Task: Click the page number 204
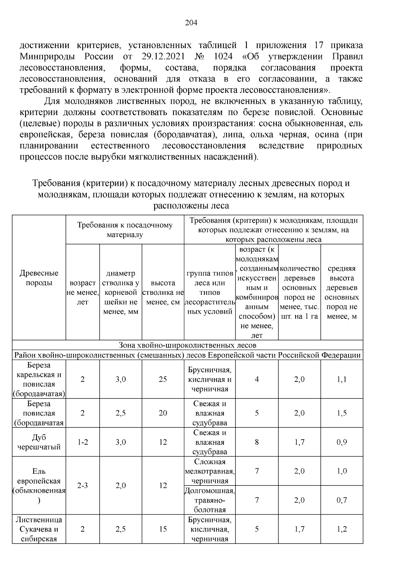(191, 23)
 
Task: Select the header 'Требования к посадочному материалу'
(125, 230)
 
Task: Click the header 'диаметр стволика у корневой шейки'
(121, 292)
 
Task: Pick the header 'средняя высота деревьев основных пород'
(342, 292)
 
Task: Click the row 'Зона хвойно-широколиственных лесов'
(187, 345)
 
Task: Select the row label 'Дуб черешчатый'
(39, 442)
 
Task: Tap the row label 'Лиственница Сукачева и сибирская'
(39, 529)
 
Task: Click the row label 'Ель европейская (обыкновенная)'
(39, 485)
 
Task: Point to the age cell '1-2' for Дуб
(82, 442)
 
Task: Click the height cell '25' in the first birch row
(163, 379)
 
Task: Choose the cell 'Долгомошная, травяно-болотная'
(209, 500)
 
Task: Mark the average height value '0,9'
(342, 442)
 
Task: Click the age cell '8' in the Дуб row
(257, 442)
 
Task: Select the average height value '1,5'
(342, 413)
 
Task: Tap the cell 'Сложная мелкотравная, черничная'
(209, 471)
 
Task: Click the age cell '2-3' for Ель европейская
(82, 485)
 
